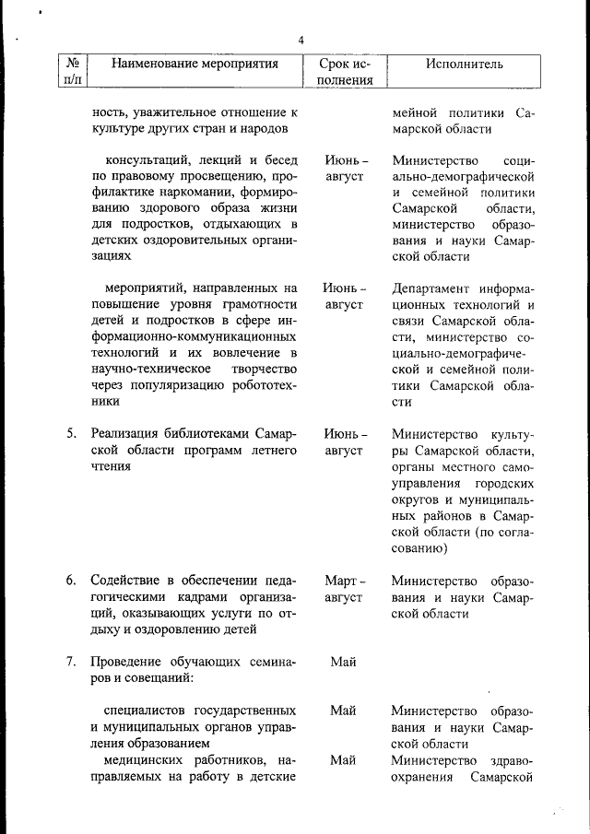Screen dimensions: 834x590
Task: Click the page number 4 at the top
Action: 301,40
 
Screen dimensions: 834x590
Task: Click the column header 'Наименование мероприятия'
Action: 195,64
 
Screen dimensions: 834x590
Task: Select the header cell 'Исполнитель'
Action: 464,64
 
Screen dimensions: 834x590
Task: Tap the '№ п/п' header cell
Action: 72,71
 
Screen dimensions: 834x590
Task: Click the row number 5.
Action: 71,433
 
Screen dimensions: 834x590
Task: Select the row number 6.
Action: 71,581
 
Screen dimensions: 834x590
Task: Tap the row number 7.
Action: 71,663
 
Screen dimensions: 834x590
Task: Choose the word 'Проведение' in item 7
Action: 126,663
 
